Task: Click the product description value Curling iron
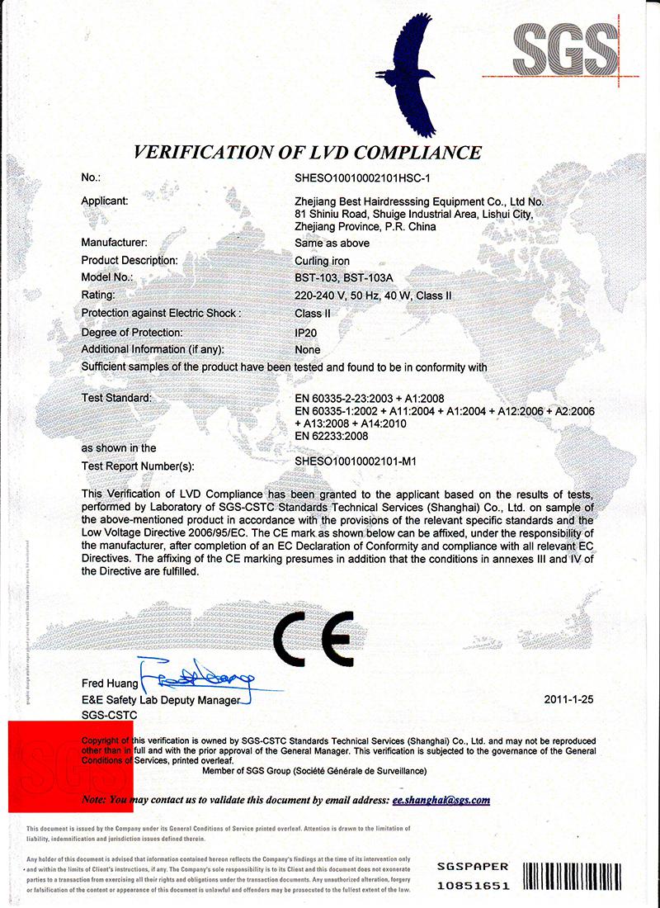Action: (x=321, y=261)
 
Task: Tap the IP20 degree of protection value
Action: (x=307, y=332)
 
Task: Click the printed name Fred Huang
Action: (x=110, y=684)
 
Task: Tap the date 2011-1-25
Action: (x=569, y=699)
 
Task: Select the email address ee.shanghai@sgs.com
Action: (x=441, y=800)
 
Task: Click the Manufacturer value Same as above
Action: (x=332, y=244)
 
